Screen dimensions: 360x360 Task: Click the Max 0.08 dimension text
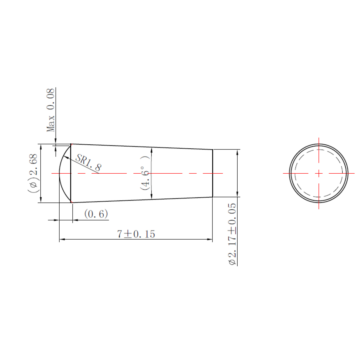(50, 110)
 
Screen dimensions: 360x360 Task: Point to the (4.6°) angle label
(145, 173)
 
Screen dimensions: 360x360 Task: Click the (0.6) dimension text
(96, 214)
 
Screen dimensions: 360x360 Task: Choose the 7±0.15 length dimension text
(136, 234)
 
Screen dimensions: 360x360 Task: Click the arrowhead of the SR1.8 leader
(66, 157)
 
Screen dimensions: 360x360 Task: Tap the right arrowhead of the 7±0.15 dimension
(210, 239)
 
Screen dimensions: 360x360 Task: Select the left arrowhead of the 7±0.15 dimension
(62, 239)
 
